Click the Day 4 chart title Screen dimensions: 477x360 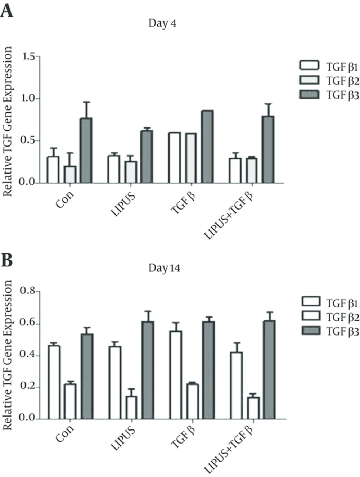162,23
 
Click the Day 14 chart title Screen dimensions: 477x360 164,268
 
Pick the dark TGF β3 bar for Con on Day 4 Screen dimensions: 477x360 86,150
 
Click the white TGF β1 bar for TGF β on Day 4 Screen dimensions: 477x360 175,158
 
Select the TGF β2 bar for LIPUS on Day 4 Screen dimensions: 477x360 131,172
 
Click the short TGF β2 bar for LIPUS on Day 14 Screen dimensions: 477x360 131,408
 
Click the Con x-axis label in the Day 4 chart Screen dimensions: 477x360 65,199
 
